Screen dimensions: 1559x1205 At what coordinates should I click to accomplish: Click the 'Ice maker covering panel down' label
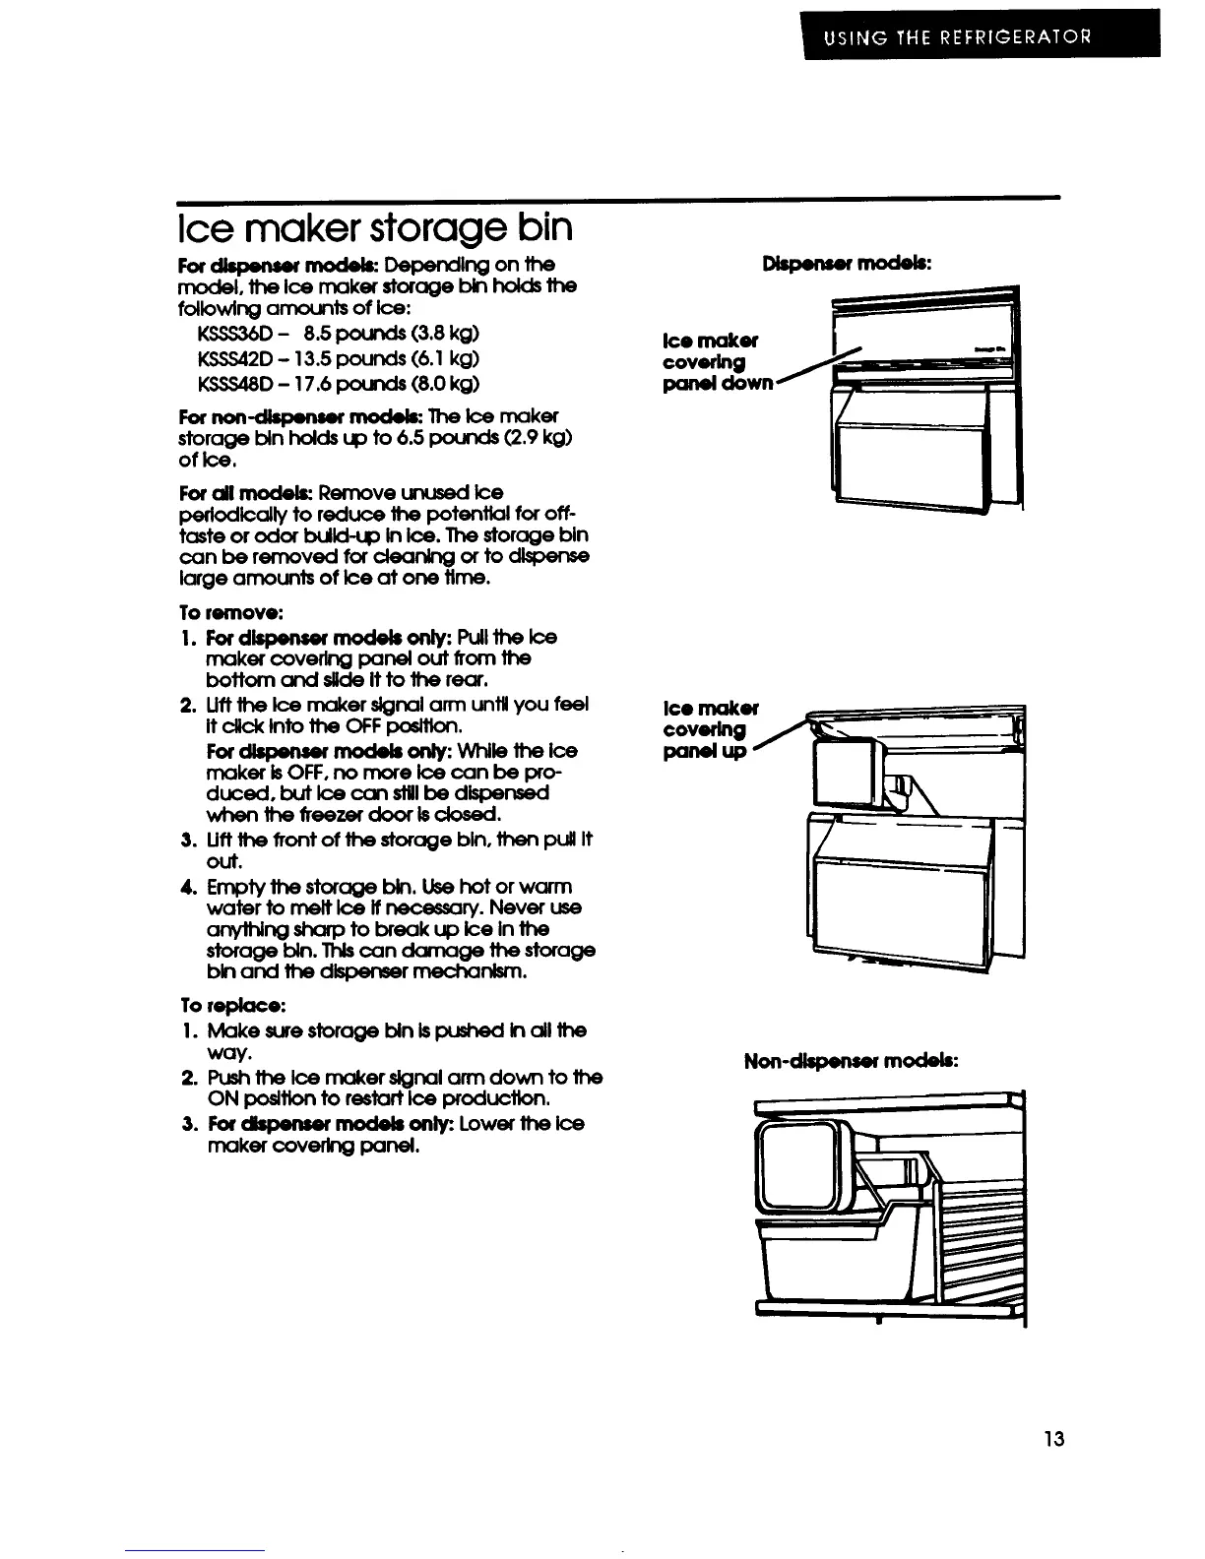(x=717, y=362)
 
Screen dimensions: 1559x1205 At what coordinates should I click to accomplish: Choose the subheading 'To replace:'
(x=219, y=1006)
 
